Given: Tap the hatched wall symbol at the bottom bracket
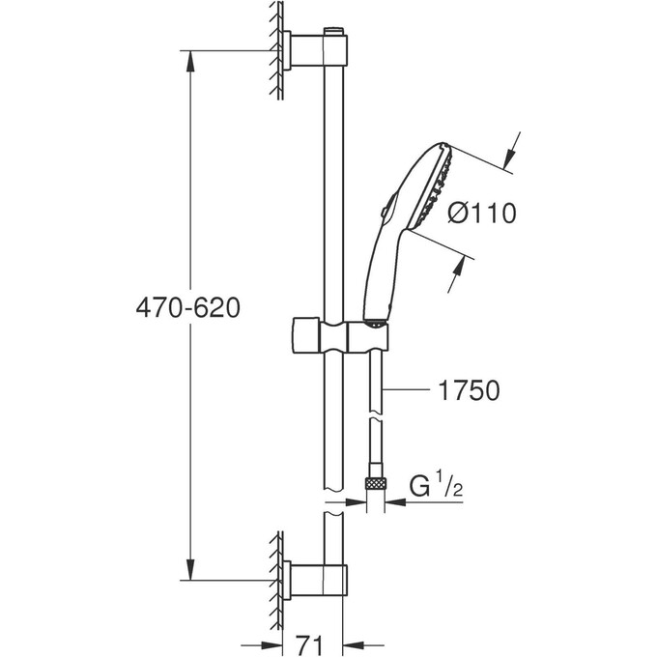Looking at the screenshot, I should click(x=276, y=580).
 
